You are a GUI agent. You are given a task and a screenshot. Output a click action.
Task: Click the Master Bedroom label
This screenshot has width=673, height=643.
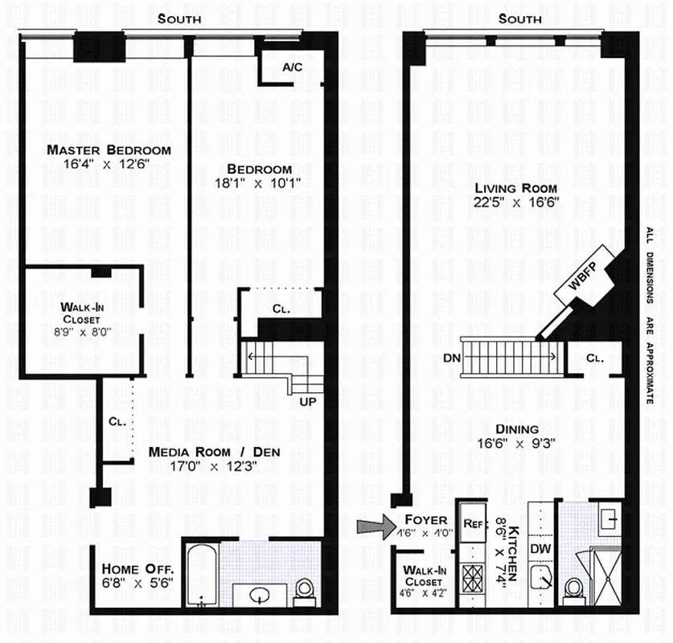(109, 150)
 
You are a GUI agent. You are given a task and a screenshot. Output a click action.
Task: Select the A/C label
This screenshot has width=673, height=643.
(291, 67)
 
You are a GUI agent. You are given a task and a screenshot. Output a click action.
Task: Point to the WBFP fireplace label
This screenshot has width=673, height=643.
(584, 276)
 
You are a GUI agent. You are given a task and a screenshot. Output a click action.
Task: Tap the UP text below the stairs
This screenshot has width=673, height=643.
(306, 401)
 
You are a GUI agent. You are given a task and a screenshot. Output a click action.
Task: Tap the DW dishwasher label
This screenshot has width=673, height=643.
(540, 547)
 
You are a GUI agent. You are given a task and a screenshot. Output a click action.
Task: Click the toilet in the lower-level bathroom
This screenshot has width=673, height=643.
(305, 591)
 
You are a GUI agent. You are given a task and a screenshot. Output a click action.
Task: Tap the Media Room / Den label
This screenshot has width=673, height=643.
(214, 452)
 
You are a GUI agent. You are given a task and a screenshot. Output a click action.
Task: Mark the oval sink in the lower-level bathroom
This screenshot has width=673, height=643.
(261, 596)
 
